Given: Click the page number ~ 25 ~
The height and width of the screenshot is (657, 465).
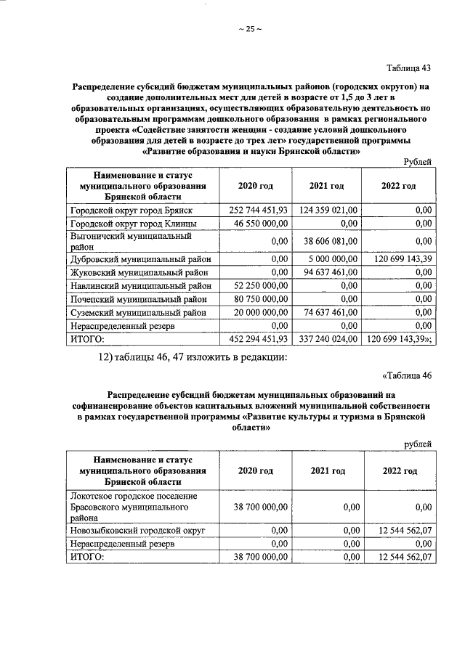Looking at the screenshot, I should (x=249, y=29).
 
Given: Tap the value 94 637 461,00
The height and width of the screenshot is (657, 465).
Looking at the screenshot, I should (x=328, y=273).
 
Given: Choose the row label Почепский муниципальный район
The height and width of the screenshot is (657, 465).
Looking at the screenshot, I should (x=138, y=300).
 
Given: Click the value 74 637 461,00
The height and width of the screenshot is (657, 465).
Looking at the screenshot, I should (x=328, y=314).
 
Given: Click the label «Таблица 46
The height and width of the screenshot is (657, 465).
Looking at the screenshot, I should (x=407, y=375).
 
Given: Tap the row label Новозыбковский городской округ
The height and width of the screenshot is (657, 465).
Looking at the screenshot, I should (x=137, y=531).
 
